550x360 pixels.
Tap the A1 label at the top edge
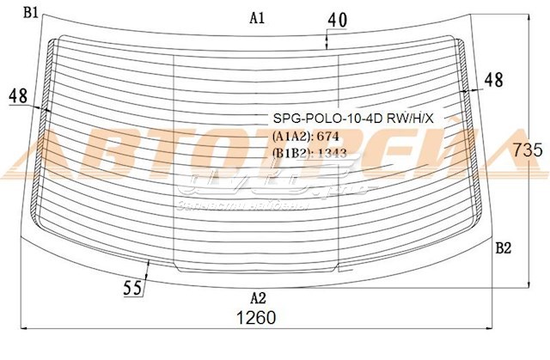[257, 17]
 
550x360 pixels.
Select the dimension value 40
[338, 18]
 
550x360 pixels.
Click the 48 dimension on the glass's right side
[493, 80]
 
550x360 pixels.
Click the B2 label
[504, 248]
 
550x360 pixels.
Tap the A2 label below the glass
[257, 299]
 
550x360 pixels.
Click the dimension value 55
[132, 289]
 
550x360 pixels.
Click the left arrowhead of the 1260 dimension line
[22, 327]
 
